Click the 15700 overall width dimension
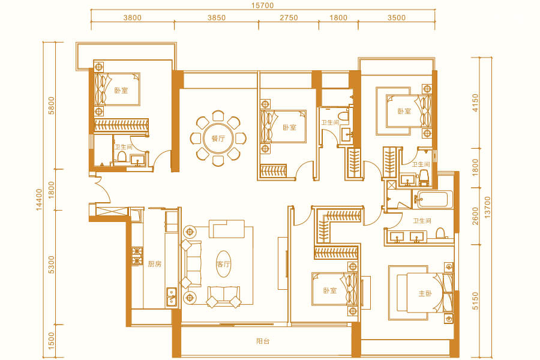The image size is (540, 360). [262, 5]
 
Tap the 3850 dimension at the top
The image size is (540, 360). [216, 17]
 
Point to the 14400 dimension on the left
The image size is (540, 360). [39, 199]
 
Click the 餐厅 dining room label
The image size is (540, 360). [218, 139]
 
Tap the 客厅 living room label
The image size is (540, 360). [223, 264]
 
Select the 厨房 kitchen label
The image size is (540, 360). [155, 264]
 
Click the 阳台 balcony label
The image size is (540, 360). [263, 341]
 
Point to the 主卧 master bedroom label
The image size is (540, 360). [425, 293]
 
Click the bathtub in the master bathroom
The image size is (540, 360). [433, 199]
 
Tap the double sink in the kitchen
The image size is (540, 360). [172, 297]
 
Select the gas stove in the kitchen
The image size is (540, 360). [137, 256]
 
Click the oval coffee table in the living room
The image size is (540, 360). [224, 264]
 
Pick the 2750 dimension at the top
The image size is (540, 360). [289, 17]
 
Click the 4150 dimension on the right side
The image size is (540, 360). [475, 103]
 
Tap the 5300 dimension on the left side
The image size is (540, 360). [52, 265]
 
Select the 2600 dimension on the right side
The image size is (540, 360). [475, 216]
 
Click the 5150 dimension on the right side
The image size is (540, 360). [475, 301]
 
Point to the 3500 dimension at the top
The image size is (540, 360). [397, 17]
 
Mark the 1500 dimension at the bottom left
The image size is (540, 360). [52, 341]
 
